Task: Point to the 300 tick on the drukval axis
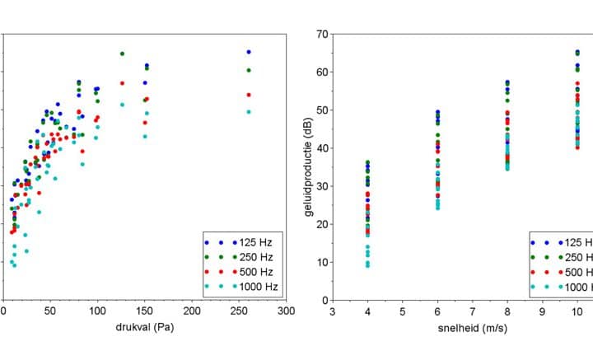tap(287, 311)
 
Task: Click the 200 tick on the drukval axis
tap(192, 311)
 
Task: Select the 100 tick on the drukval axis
tap(97, 311)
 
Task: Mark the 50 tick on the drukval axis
tap(50, 311)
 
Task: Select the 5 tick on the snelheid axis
tap(403, 312)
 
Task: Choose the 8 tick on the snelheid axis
tap(507, 312)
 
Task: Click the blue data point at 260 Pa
tap(249, 52)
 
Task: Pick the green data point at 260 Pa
tap(249, 71)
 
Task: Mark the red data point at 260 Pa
tap(249, 95)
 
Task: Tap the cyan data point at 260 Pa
tap(249, 112)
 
